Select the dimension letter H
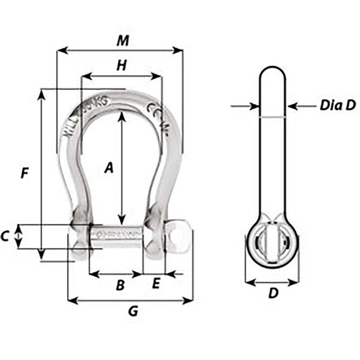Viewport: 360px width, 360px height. pos(121,66)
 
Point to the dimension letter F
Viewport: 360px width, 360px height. pos(24,173)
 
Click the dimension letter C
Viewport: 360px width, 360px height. pos(5,236)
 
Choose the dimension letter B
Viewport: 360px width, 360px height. pos(119,285)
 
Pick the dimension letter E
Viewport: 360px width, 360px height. pos(156,284)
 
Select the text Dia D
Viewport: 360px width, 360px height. pos(337,105)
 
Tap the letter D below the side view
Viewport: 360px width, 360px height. pos(273,292)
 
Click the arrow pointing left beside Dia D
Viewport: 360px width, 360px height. pos(295,105)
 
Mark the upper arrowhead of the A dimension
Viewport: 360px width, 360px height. pos(121,115)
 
